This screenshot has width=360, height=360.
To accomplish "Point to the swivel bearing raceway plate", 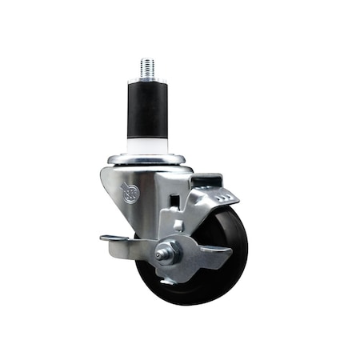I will tap(148, 160).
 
